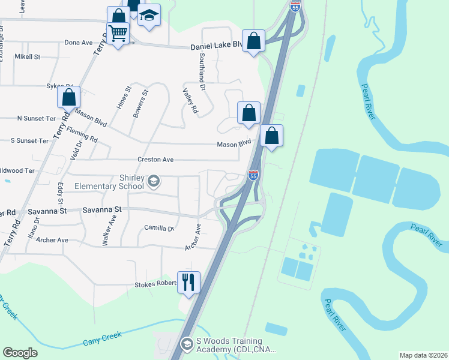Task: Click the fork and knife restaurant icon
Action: coord(188,281)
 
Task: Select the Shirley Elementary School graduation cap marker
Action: coord(154,181)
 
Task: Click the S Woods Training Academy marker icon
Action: coord(187,344)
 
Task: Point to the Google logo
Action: coord(20,353)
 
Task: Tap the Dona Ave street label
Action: coord(79,43)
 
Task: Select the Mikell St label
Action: coord(28,57)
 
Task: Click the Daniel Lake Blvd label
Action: coord(216,46)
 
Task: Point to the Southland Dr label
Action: coord(203,71)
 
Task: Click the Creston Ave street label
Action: coord(155,160)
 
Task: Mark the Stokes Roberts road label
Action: coord(150,284)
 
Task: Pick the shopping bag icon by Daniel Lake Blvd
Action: coord(254,41)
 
